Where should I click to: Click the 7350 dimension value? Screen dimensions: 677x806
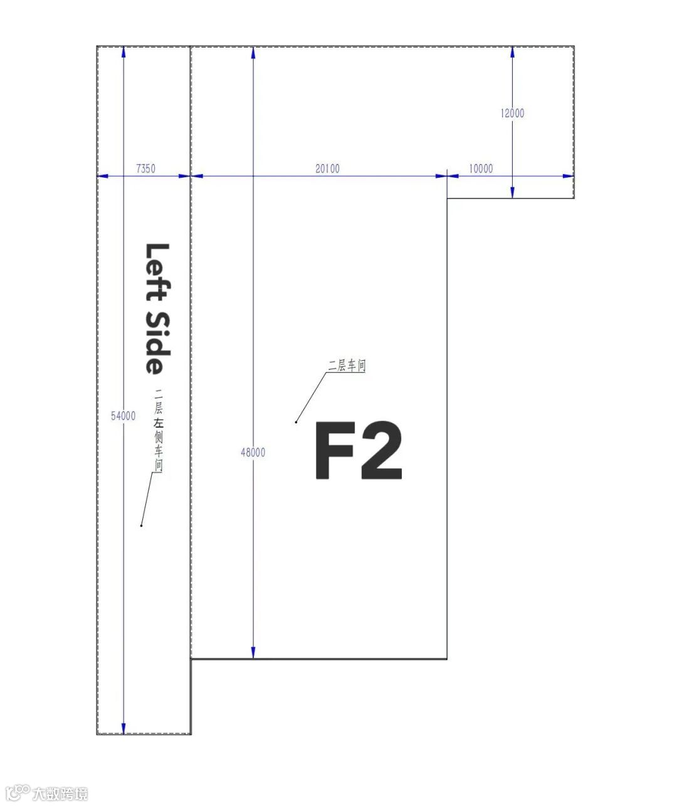[145, 168]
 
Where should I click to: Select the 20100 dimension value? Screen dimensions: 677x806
[327, 168]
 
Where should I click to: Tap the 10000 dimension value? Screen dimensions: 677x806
[481, 168]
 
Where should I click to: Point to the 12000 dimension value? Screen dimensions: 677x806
[512, 113]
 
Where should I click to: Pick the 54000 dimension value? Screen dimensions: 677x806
[123, 416]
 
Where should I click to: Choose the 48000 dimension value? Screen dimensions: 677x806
[253, 452]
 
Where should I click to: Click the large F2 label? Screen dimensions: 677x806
[359, 450]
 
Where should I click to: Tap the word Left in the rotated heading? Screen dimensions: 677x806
[158, 272]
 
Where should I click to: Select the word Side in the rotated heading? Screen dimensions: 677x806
[158, 343]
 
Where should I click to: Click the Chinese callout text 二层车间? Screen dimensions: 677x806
[347, 366]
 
